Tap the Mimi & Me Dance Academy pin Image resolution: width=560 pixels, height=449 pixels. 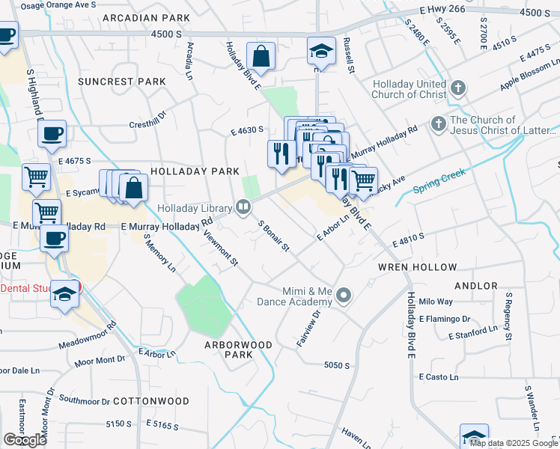344,296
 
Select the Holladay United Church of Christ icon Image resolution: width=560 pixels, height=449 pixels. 459,89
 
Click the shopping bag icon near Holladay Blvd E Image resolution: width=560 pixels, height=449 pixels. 261,55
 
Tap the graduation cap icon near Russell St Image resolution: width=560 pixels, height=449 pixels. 321,52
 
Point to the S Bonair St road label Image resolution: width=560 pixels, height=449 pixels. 273,236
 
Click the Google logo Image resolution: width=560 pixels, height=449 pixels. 25,440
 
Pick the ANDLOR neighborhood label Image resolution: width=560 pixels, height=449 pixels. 475,286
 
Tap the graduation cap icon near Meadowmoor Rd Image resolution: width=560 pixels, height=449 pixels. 65,295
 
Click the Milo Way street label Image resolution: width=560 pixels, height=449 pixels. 436,302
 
